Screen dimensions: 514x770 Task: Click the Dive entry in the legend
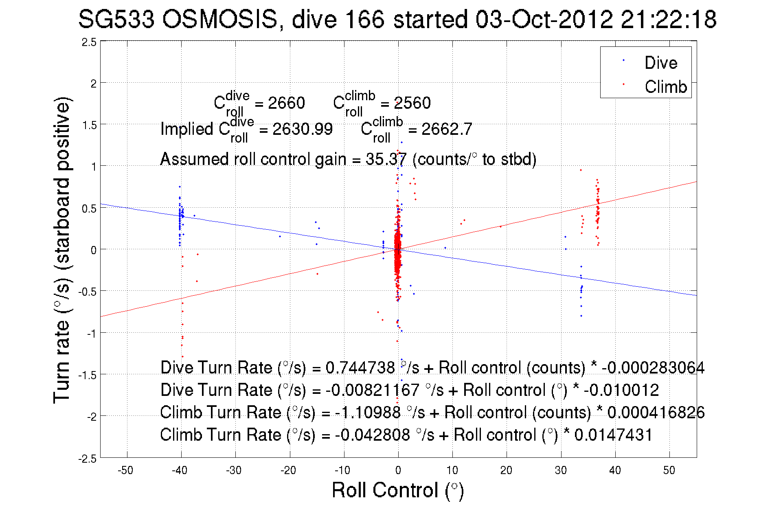(x=660, y=63)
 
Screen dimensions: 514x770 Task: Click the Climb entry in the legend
(x=665, y=87)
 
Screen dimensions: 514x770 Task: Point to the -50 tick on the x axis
(x=125, y=470)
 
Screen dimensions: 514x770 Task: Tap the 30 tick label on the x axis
(x=561, y=470)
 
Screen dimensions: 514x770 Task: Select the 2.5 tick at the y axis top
(x=89, y=42)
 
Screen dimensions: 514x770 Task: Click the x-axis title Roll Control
(x=397, y=490)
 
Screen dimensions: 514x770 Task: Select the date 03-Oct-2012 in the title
(x=544, y=19)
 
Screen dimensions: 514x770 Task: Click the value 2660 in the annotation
(x=286, y=103)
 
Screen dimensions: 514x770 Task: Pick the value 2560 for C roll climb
(x=412, y=103)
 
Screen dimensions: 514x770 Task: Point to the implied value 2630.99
(x=302, y=129)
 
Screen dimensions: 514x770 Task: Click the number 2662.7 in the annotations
(x=447, y=129)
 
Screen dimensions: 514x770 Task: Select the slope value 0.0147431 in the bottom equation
(x=613, y=435)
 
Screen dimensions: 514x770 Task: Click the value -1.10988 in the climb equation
(x=368, y=413)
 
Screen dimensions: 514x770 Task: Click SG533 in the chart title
(x=116, y=19)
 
